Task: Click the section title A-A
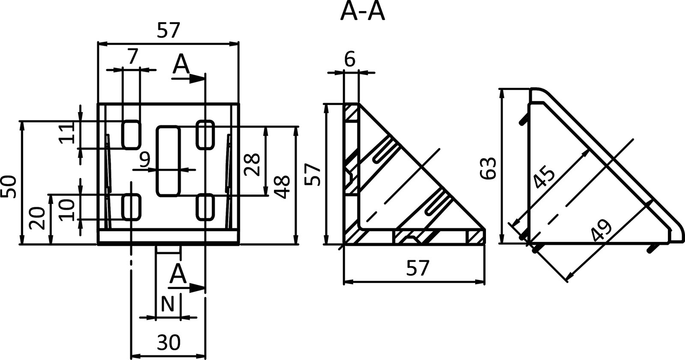point(362,12)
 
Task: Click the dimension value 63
point(488,168)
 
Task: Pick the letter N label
point(167,305)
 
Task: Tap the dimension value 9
point(145,160)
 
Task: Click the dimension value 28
point(252,164)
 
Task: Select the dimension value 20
point(39,218)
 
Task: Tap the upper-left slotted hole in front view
point(131,134)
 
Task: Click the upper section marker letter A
point(181,65)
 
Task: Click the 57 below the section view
point(417,268)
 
